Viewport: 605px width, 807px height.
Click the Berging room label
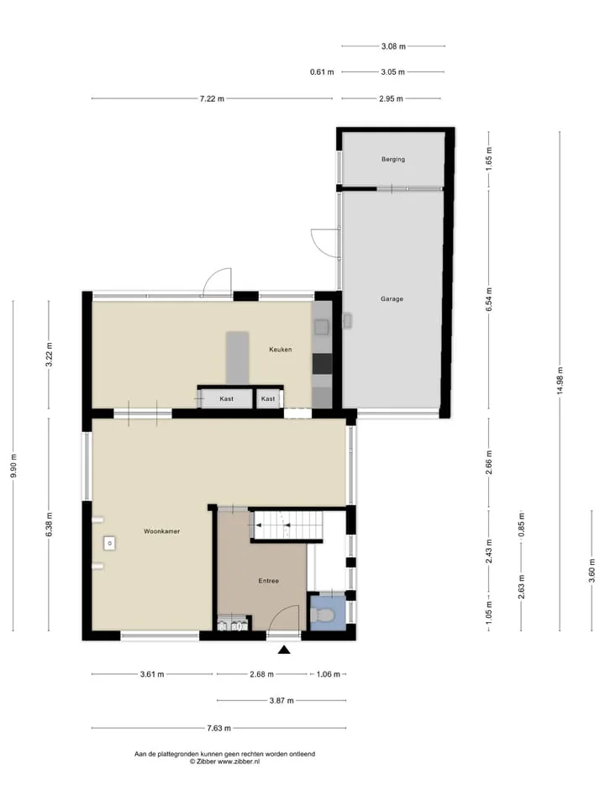(393, 160)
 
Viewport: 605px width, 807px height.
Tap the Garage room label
(392, 299)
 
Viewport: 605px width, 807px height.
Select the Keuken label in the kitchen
(281, 350)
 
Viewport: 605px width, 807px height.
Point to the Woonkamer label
(162, 531)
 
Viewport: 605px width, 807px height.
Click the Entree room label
(269, 581)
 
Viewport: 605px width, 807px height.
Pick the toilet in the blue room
(323, 614)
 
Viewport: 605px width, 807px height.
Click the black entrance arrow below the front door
(284, 650)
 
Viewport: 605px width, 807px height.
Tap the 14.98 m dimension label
(560, 381)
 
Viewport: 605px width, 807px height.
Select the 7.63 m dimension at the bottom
(218, 728)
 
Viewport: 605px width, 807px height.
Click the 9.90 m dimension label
(13, 466)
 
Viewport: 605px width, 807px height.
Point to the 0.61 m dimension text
(322, 72)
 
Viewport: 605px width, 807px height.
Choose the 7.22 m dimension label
(212, 99)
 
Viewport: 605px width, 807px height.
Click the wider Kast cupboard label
(226, 398)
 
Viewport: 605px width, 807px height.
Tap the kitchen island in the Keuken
(237, 358)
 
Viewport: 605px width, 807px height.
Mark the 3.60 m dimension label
(592, 572)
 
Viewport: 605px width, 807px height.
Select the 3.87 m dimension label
(281, 700)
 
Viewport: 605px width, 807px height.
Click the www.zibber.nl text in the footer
(239, 762)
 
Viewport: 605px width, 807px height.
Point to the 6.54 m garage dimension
(489, 299)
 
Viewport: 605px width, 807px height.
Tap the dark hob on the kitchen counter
(322, 363)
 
